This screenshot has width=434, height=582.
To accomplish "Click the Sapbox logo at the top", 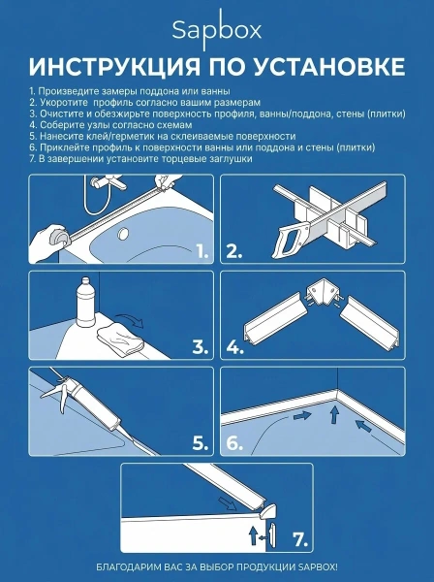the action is [217, 30].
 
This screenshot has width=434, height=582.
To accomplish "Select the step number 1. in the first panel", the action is [202, 252].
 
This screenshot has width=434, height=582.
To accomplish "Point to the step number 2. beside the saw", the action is [234, 252].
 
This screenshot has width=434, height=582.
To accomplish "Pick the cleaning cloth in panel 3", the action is [120, 338].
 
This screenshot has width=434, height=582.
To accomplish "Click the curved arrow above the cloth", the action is [130, 319].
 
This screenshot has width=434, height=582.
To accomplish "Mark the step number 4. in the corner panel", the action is [235, 347].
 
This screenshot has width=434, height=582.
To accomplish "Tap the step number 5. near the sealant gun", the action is [201, 443].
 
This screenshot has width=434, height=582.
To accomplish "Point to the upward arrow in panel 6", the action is [334, 414].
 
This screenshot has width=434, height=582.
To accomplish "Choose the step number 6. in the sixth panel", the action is [234, 443].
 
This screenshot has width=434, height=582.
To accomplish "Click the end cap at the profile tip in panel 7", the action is [267, 511].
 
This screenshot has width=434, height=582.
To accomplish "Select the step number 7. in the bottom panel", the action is [300, 539].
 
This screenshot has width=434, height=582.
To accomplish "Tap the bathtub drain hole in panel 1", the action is [123, 234].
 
